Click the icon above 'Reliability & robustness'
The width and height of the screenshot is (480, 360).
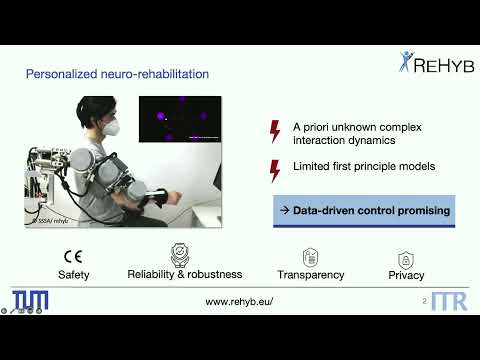tap(180, 254)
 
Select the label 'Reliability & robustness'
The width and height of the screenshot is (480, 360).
tap(180, 274)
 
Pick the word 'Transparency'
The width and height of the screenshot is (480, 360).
tap(310, 275)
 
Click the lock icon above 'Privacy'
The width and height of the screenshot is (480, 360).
tap(406, 257)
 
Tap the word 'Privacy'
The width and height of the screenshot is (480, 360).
tap(406, 275)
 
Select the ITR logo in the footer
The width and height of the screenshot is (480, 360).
tap(448, 301)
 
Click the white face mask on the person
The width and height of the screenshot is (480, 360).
tap(114, 128)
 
